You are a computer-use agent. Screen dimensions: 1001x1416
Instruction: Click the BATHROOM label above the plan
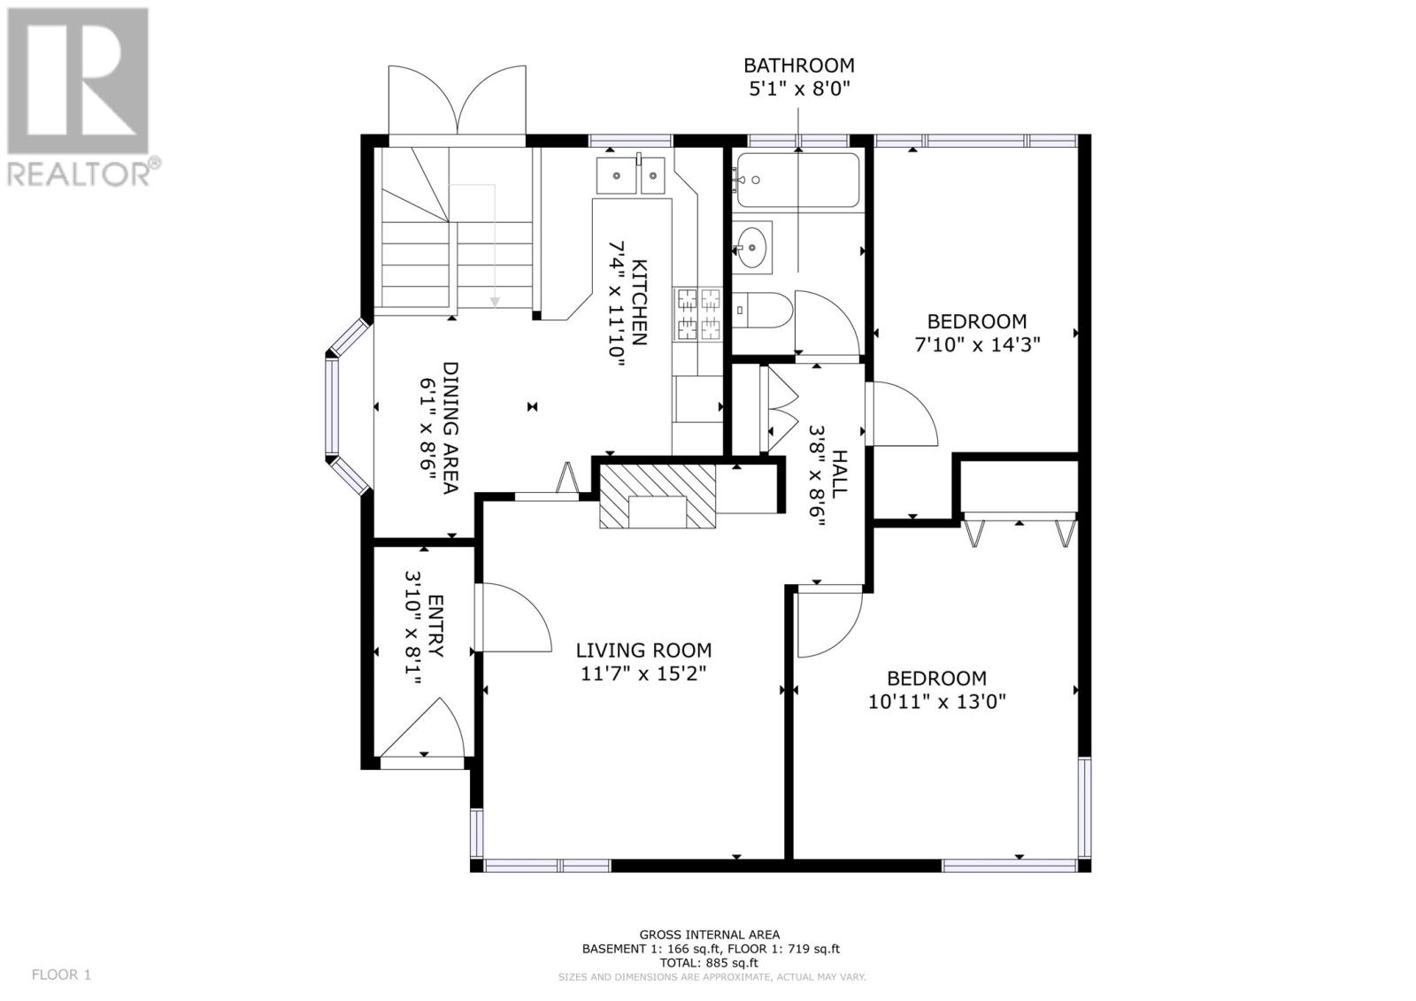click(x=798, y=65)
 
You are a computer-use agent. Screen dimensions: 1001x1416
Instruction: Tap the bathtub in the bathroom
click(x=797, y=181)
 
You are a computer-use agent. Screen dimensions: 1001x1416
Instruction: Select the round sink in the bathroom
click(x=753, y=245)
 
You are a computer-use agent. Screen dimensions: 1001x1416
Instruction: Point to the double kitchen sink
click(x=630, y=175)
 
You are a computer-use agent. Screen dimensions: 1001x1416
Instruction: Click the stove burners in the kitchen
click(x=698, y=315)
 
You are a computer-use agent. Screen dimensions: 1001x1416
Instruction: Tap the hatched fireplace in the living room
click(x=658, y=497)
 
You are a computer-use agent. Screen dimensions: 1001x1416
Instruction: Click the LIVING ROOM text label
click(x=643, y=651)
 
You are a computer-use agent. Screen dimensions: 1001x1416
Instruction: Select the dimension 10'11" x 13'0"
click(x=937, y=702)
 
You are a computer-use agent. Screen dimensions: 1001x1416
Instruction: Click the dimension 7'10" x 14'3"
click(x=976, y=344)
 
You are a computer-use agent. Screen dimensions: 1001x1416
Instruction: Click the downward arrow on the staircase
click(x=495, y=301)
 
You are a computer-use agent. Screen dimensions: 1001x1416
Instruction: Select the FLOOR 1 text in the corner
click(x=61, y=974)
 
